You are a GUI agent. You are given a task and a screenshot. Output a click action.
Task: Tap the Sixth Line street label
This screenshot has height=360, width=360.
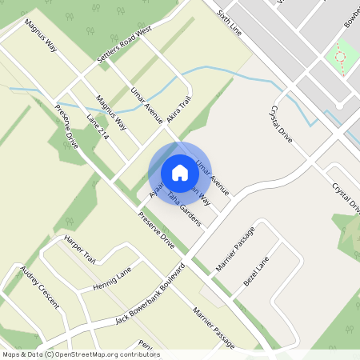pos(228,22)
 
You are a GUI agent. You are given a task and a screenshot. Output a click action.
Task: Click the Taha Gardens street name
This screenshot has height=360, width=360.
pos(183,206)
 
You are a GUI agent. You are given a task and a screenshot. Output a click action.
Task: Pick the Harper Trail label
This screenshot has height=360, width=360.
pos(80,250)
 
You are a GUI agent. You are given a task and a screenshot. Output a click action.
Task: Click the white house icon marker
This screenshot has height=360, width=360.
pos(180,173)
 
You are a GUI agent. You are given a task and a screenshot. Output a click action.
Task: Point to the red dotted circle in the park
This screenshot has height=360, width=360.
pos(341,57)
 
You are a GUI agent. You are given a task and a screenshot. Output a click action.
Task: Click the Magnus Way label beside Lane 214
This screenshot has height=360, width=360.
pos(111,112)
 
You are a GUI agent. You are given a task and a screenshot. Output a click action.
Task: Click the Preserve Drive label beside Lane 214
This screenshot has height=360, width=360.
pos(67,127)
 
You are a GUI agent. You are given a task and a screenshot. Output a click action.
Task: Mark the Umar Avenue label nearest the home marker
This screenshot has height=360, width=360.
pos(218,178)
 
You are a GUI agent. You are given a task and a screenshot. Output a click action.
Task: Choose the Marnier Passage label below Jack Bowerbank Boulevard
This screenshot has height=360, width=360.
pos(213,327)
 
